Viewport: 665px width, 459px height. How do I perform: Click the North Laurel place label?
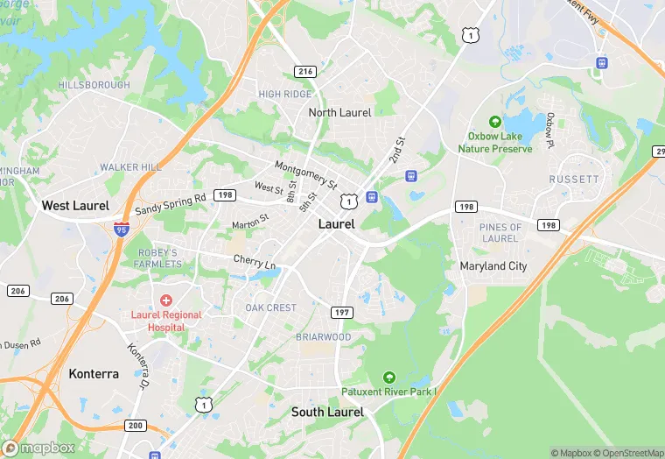pos(339,112)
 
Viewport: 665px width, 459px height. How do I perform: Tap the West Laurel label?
pos(75,206)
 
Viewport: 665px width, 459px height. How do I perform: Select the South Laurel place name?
pos(327,412)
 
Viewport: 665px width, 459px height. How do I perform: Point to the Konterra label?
pos(94,373)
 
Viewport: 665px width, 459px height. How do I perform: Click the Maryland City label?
pos(493,265)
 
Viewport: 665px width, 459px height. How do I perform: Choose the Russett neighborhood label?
pos(574,179)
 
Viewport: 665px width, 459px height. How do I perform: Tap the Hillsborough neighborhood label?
pos(94,85)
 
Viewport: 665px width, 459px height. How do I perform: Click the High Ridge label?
pos(284,94)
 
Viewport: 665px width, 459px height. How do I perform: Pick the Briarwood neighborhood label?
pos(324,337)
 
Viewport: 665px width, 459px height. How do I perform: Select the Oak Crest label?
pos(270,308)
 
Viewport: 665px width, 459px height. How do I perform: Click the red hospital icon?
pos(165,300)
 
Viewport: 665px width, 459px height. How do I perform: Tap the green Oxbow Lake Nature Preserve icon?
pos(495,122)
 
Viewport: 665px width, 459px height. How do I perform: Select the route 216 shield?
pos(305,71)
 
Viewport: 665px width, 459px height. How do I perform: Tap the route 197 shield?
pos(341,313)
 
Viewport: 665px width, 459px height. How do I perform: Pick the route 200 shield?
pos(135,425)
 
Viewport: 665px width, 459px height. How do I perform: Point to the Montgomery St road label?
pos(305,175)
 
